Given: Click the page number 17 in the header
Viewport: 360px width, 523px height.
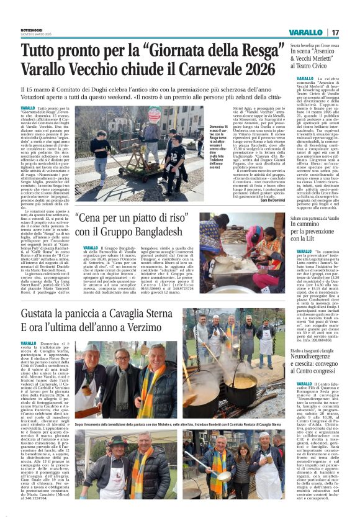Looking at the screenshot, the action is pos(335,32).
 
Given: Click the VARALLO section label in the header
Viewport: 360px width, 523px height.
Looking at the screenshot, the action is pos(305,32).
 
